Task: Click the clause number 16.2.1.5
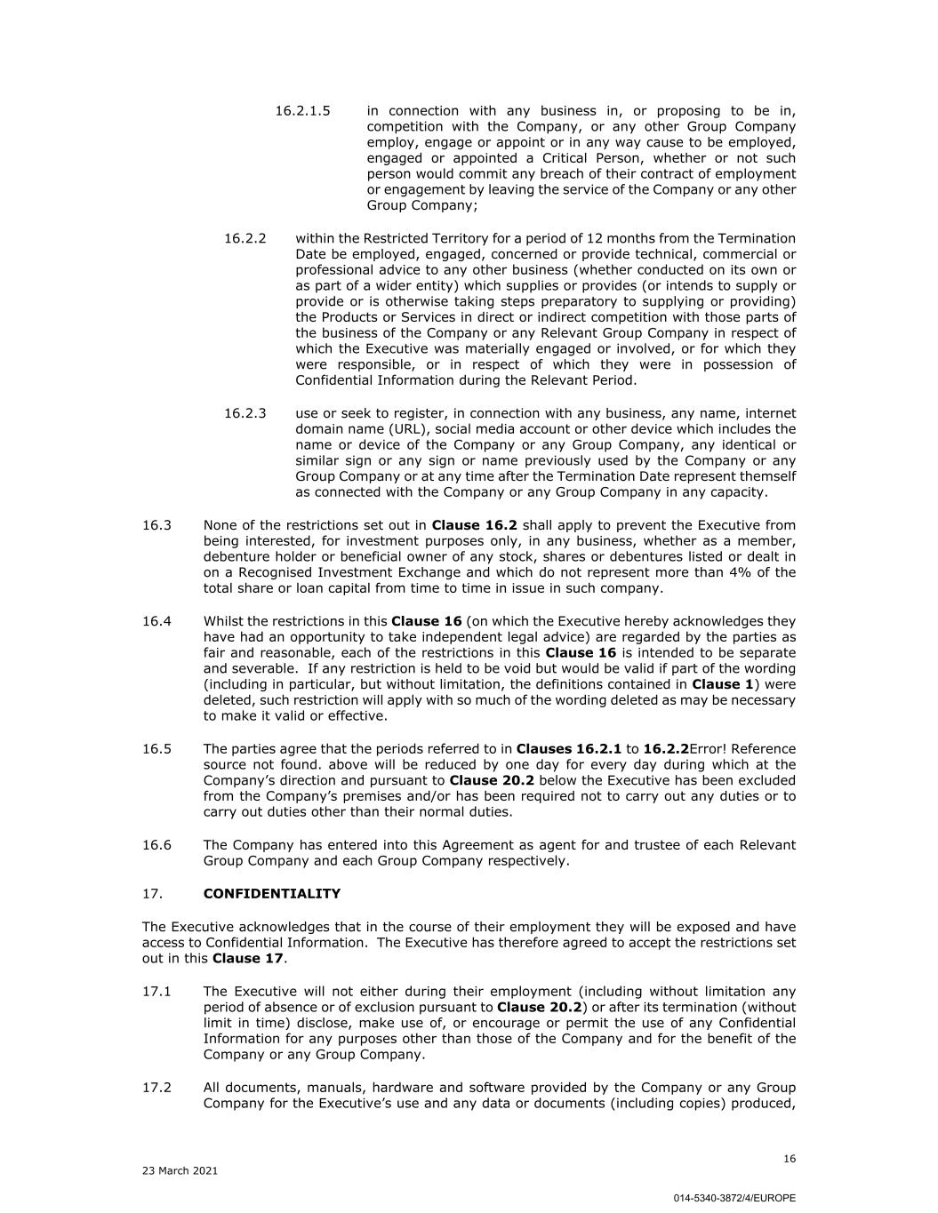tap(302, 111)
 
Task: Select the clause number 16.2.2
tap(245, 238)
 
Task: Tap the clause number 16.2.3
tap(245, 413)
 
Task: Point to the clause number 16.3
tap(156, 525)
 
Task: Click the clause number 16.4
tap(156, 621)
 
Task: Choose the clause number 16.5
tap(156, 749)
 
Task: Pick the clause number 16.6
tap(156, 845)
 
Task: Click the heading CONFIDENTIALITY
tap(271, 893)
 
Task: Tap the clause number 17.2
tap(156, 1088)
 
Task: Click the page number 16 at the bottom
tap(790, 1159)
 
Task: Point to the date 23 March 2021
tap(180, 1171)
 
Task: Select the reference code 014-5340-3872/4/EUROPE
tap(734, 1198)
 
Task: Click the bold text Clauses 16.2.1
tap(568, 749)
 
